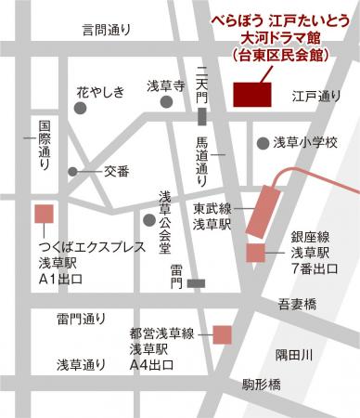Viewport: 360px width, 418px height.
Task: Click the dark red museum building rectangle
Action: tap(251, 95)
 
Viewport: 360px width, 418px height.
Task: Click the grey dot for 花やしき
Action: tap(81, 109)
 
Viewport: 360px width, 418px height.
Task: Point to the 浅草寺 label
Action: tap(167, 86)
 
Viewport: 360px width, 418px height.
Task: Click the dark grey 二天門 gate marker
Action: tap(203, 115)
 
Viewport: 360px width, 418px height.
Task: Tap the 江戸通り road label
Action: tap(316, 96)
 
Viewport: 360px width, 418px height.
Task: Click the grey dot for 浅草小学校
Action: tap(263, 143)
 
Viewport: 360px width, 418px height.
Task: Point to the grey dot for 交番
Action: tap(73, 172)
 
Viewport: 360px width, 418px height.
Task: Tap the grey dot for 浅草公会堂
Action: tap(148, 219)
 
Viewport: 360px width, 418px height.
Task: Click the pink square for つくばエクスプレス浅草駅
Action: tap(44, 213)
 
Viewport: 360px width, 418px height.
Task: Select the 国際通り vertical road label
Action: tap(44, 148)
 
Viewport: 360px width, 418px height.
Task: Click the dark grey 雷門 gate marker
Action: tap(195, 282)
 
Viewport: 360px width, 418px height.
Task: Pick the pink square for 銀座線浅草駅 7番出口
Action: tap(255, 252)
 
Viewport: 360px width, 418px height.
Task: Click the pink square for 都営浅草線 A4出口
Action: tap(223, 333)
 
